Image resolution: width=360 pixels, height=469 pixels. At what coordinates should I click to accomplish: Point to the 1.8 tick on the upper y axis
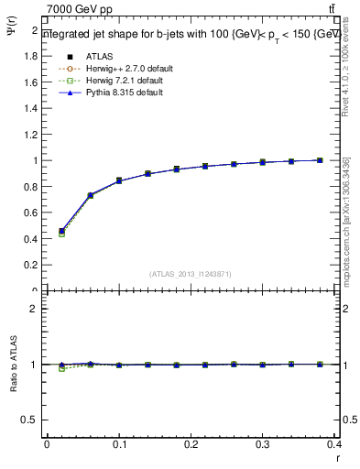coord(31,56)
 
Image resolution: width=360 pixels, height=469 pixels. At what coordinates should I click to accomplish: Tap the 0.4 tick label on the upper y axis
coord(31,239)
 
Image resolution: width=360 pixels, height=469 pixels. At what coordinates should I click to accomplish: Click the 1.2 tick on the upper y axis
coord(31,135)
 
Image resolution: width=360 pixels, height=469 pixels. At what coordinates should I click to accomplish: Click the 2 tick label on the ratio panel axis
coord(35,309)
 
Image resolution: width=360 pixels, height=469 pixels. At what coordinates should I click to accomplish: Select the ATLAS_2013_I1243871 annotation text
coord(191,274)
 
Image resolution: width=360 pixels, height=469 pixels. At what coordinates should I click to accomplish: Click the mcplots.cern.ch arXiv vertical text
coord(345,219)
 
